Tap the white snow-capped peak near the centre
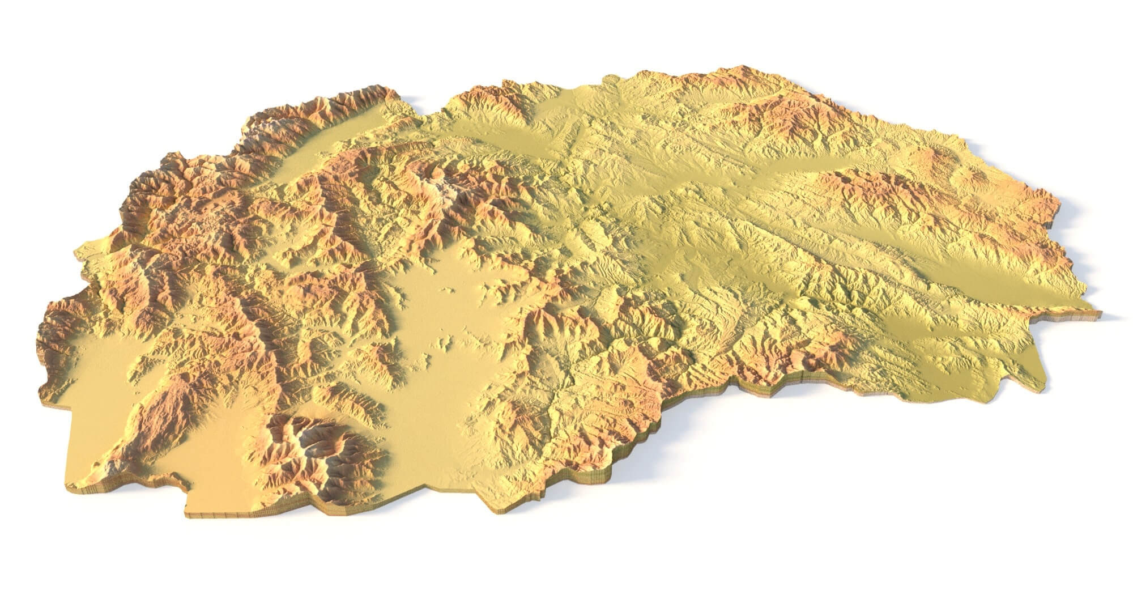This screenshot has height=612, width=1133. click(448, 187)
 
